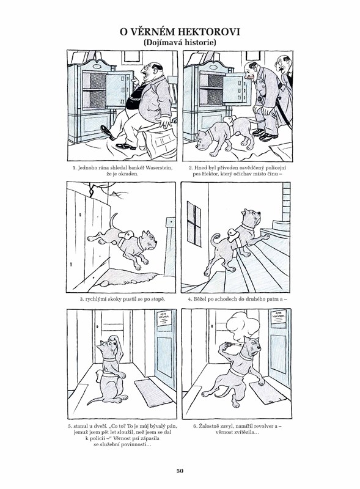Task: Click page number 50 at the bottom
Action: click(180, 470)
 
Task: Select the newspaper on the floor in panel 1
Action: click(160, 142)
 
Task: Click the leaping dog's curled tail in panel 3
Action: click(114, 221)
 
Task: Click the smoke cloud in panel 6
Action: click(243, 325)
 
